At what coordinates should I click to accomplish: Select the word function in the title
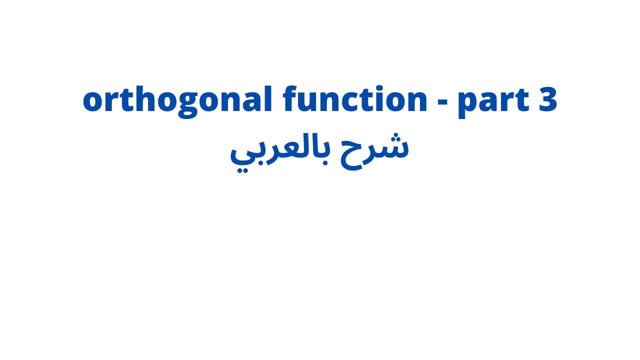pos(354,100)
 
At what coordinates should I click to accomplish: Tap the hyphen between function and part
pos(442,102)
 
